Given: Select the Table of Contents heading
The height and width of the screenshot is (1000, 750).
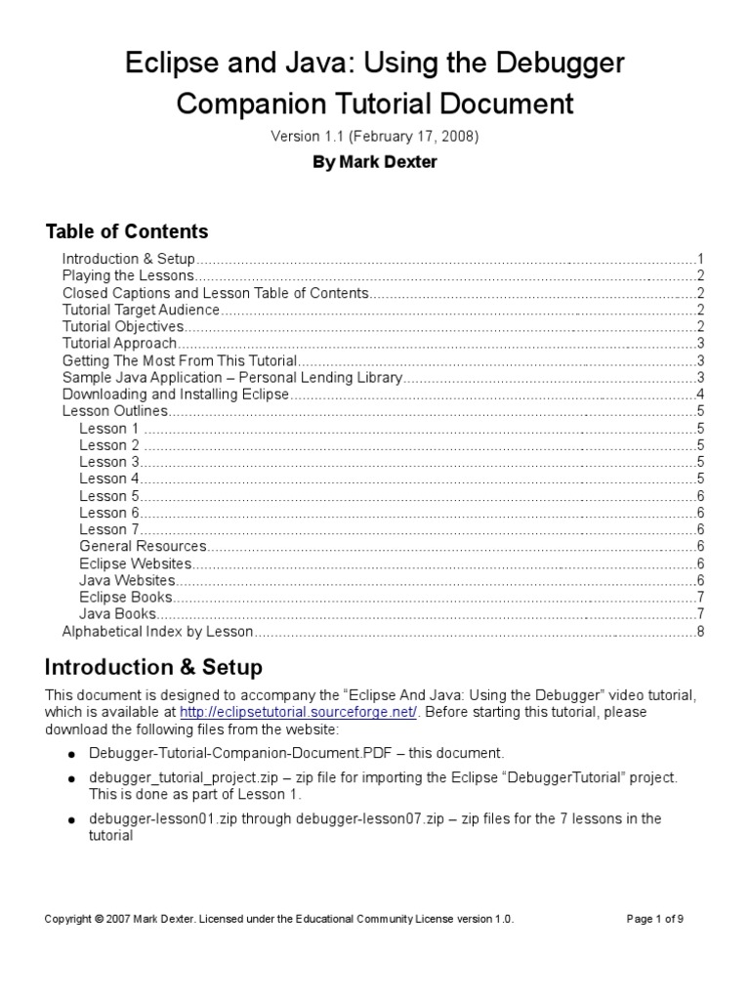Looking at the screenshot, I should coord(127,231).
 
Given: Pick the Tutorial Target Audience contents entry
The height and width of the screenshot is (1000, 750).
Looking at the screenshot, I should coord(141,310).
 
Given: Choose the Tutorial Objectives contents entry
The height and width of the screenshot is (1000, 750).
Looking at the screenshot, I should coord(123,326).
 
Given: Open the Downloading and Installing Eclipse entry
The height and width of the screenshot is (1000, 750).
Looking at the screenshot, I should coord(176,395).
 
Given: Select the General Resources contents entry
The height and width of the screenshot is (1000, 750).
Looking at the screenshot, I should coord(143,546).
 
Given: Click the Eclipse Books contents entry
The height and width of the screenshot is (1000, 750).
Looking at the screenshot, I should coord(126,597).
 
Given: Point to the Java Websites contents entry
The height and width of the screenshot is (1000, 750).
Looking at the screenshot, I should coord(127,580).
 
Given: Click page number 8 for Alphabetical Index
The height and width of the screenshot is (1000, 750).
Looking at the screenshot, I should coord(700,631).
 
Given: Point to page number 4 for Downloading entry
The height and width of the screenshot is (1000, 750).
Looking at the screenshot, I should coord(700,395).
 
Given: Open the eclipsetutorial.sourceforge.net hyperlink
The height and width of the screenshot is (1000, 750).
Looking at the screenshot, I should coord(299,712).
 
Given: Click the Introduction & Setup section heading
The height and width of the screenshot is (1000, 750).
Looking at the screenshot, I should coord(153,668).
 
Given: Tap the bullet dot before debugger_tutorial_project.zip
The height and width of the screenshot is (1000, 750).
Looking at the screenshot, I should coord(71,778).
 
